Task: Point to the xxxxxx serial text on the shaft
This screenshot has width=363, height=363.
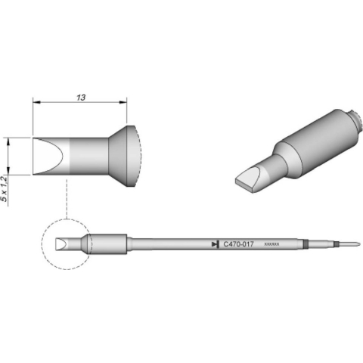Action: [271, 244]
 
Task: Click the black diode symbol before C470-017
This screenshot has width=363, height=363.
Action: [215, 244]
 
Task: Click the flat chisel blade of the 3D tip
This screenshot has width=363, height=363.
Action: [250, 180]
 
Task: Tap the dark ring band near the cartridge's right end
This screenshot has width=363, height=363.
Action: [306, 244]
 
